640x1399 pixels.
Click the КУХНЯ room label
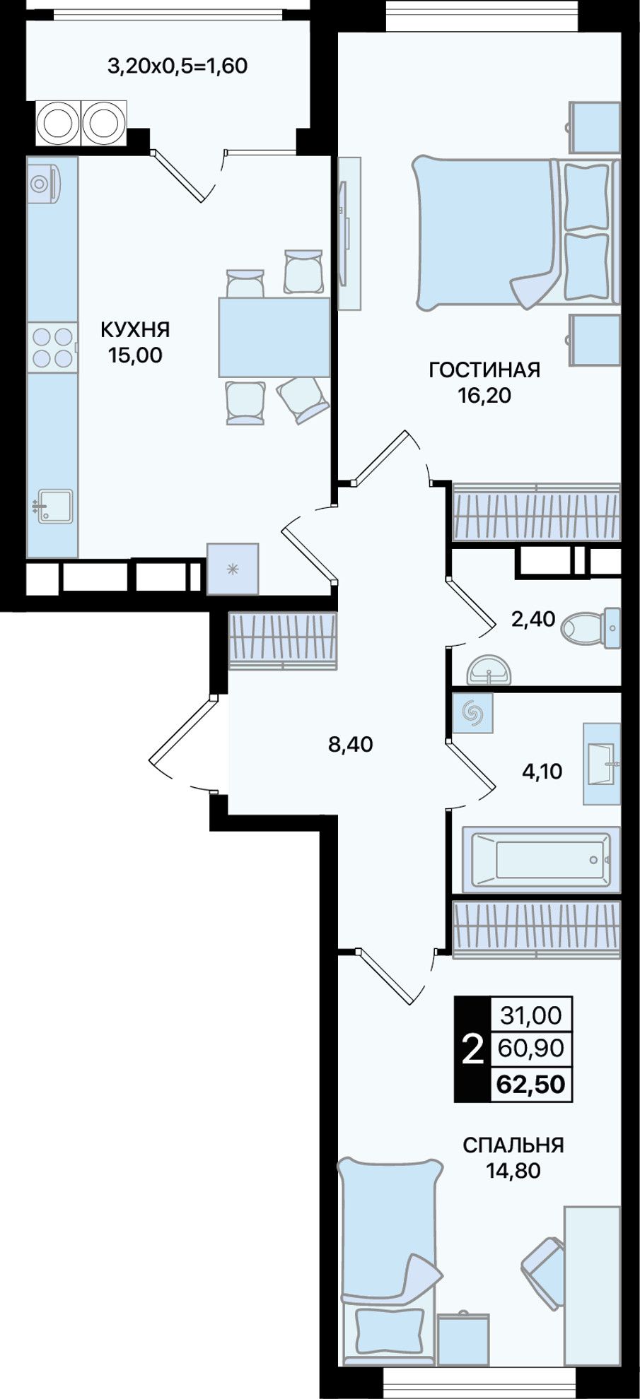[x=135, y=330]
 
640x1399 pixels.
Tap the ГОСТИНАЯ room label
[x=484, y=370]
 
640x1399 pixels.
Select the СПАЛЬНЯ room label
[x=513, y=1145]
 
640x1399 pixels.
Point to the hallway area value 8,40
[x=350, y=744]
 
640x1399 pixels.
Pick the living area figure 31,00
[x=531, y=1015]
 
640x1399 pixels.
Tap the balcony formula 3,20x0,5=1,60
[x=177, y=66]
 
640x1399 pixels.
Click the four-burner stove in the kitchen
[x=52, y=347]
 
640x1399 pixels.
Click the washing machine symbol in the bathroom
[x=472, y=713]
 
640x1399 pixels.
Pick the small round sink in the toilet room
[x=489, y=669]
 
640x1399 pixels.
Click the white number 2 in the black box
[x=472, y=1049]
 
